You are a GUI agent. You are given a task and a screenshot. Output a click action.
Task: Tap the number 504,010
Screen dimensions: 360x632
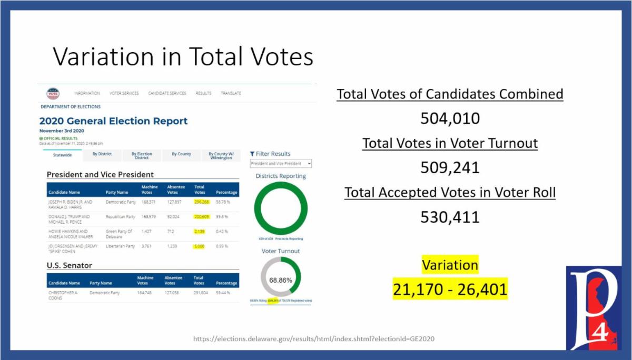[450, 118]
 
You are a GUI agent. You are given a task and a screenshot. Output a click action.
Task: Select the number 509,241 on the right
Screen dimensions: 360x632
[450, 167]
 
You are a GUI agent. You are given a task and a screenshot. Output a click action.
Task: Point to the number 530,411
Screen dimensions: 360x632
[450, 216]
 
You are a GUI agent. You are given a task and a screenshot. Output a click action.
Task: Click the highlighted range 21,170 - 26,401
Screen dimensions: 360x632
[450, 289]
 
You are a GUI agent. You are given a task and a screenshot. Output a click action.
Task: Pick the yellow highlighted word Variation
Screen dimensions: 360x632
[450, 265]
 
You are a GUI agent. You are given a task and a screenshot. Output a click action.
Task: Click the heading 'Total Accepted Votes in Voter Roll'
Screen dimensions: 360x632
[450, 193]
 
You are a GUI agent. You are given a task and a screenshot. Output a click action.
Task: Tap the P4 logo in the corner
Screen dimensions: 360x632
[593, 308]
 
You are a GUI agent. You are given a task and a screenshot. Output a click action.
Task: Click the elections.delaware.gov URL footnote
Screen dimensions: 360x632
[314, 338]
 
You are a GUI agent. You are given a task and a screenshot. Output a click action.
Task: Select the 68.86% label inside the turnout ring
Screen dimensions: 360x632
[281, 280]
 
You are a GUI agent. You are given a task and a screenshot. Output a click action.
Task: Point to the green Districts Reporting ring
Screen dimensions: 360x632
[281, 208]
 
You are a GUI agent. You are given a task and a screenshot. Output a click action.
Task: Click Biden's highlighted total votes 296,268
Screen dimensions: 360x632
[201, 202]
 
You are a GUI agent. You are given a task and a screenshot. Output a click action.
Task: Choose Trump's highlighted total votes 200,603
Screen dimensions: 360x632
[201, 216]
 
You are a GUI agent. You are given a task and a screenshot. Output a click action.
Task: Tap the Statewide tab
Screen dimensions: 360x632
[62, 155]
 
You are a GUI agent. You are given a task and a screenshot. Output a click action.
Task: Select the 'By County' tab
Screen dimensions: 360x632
[181, 154]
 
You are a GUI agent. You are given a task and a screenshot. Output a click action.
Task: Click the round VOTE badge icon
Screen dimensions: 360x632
[53, 94]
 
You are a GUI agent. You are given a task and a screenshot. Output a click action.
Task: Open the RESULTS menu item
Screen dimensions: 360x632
[203, 93]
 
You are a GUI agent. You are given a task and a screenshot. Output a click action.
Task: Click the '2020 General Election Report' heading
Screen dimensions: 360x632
[113, 121]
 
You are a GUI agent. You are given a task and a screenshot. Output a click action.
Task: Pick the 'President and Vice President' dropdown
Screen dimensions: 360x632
[281, 164]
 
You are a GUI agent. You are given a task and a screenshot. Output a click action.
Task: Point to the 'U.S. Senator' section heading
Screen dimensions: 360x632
[70, 265]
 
